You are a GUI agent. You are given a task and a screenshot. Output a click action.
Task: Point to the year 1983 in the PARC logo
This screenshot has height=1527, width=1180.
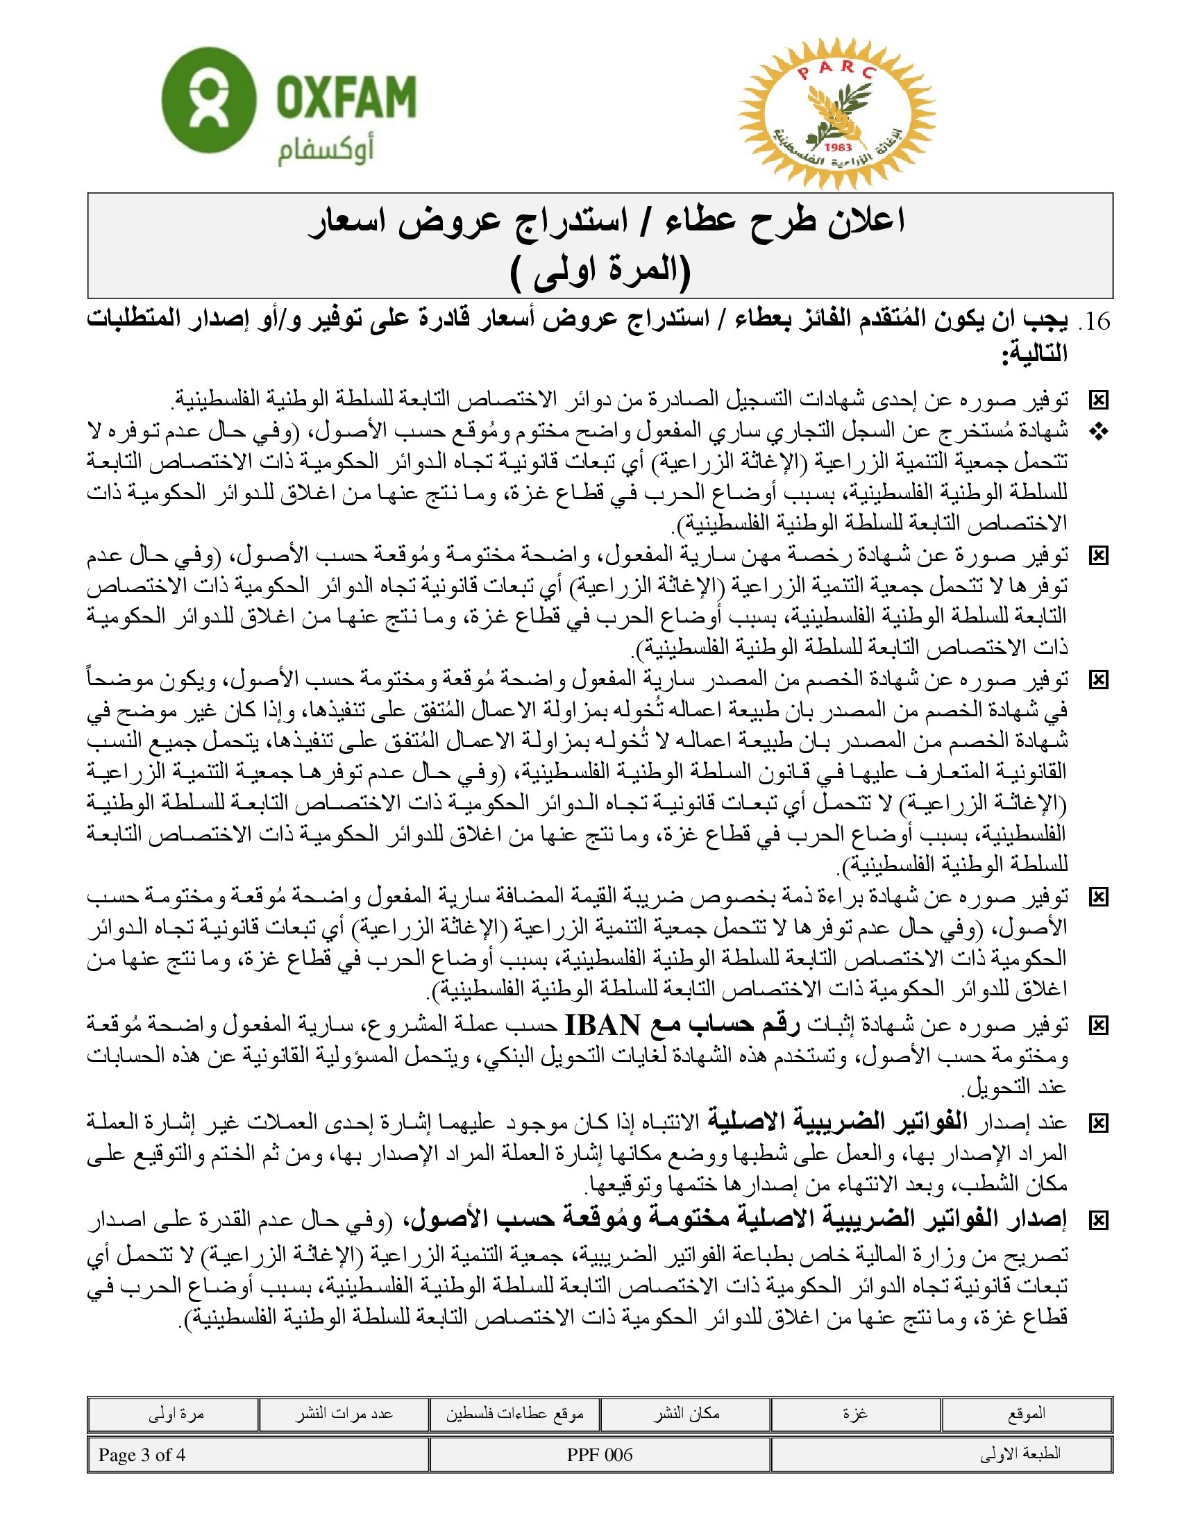pyautogui.click(x=838, y=147)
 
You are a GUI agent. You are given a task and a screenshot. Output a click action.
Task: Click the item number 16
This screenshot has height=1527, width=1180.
pyautogui.click(x=1095, y=321)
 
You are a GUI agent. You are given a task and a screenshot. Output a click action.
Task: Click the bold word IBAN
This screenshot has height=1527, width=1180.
pyautogui.click(x=601, y=1025)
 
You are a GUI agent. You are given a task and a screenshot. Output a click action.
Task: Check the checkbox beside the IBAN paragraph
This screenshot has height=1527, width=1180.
pyautogui.click(x=1099, y=1027)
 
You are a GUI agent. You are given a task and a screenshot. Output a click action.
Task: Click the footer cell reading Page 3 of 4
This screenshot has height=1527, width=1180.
pyautogui.click(x=142, y=1455)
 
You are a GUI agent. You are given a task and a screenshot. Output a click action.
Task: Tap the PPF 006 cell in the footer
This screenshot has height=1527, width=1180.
pyautogui.click(x=600, y=1455)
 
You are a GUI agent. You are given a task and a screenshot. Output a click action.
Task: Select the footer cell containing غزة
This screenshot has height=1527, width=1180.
pyautogui.click(x=856, y=1415)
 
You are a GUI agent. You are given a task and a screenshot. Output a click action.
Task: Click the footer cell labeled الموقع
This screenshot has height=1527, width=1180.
pyautogui.click(x=1026, y=1415)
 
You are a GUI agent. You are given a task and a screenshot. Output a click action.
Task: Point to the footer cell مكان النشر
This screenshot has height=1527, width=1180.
pyautogui.click(x=686, y=1415)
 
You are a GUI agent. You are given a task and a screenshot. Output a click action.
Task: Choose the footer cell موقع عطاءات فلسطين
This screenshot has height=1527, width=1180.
pyautogui.click(x=514, y=1415)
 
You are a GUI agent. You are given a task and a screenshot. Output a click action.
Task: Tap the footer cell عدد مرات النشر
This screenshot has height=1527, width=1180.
pyautogui.click(x=343, y=1415)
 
